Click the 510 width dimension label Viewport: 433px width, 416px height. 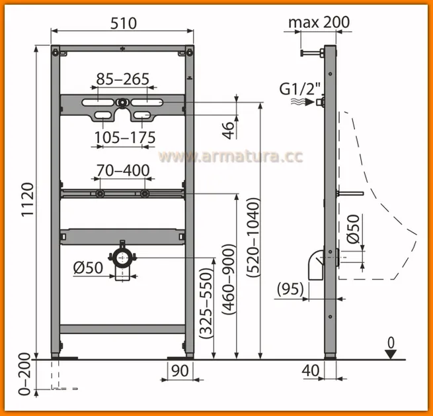(124, 23)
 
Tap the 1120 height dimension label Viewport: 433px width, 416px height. (28, 199)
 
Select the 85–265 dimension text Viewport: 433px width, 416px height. (122, 79)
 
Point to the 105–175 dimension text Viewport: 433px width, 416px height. (125, 137)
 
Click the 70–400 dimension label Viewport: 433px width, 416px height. (123, 170)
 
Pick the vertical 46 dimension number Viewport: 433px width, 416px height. (228, 130)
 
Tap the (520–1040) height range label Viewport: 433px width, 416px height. (253, 237)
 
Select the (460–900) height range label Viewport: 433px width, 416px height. (229, 279)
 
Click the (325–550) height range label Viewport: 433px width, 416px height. (206, 303)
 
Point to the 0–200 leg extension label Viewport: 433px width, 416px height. (25, 374)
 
